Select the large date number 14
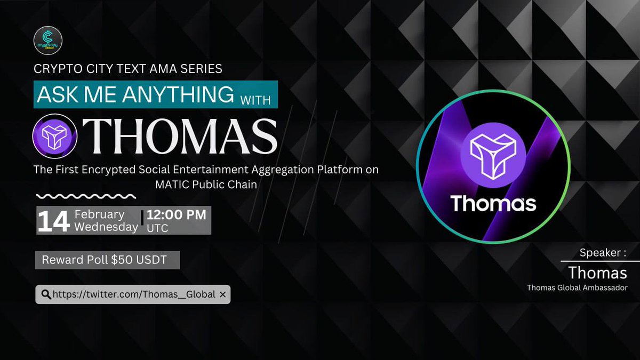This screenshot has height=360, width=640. coord(54,221)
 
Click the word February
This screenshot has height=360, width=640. coord(99,214)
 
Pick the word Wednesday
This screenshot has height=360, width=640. coord(106,227)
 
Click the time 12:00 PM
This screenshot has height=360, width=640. coord(177,215)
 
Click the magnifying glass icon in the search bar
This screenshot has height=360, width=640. coord(45,294)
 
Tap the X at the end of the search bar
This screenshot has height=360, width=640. coord(222,294)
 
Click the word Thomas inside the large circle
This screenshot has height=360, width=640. coord(493,203)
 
